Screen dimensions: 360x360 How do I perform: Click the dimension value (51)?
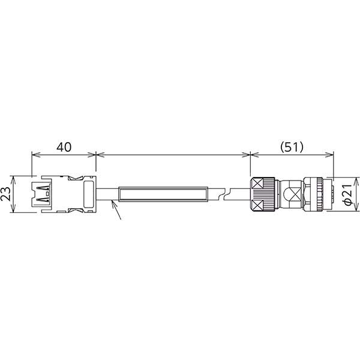point(292,146)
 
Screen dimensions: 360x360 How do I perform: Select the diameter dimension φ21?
point(347,194)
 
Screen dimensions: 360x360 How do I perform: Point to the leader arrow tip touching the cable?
point(113,202)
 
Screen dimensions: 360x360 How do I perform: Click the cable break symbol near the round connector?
point(225,194)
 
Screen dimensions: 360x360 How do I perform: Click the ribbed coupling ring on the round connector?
point(315,194)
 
